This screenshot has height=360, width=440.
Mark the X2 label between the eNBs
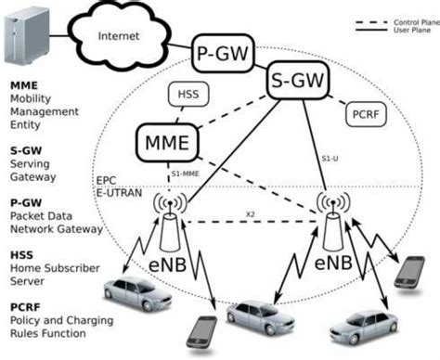(x=251, y=214)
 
